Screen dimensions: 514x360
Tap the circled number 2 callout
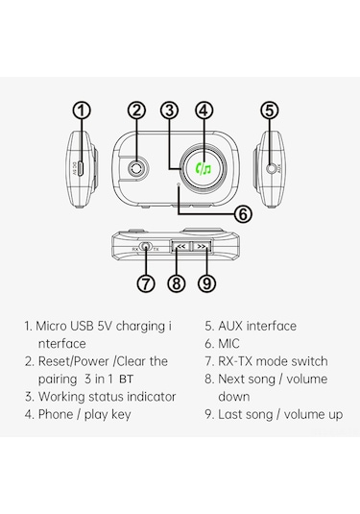pyautogui.click(x=136, y=110)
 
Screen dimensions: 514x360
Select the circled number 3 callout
pyautogui.click(x=170, y=110)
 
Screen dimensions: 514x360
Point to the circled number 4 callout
pyautogui.click(x=204, y=110)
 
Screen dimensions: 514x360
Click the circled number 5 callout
pyautogui.click(x=270, y=110)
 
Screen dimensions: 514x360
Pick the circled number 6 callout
pyautogui.click(x=242, y=214)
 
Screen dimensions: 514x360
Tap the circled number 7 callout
pyautogui.click(x=145, y=282)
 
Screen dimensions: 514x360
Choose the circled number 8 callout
pyautogui.click(x=175, y=282)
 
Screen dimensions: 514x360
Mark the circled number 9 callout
pyautogui.click(x=204, y=282)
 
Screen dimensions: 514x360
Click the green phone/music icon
pyautogui.click(x=204, y=169)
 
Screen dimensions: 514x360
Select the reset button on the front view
pyautogui.click(x=137, y=168)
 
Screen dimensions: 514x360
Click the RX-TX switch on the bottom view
pyautogui.click(x=145, y=247)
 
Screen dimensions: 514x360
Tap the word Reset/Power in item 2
pyautogui.click(x=74, y=361)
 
